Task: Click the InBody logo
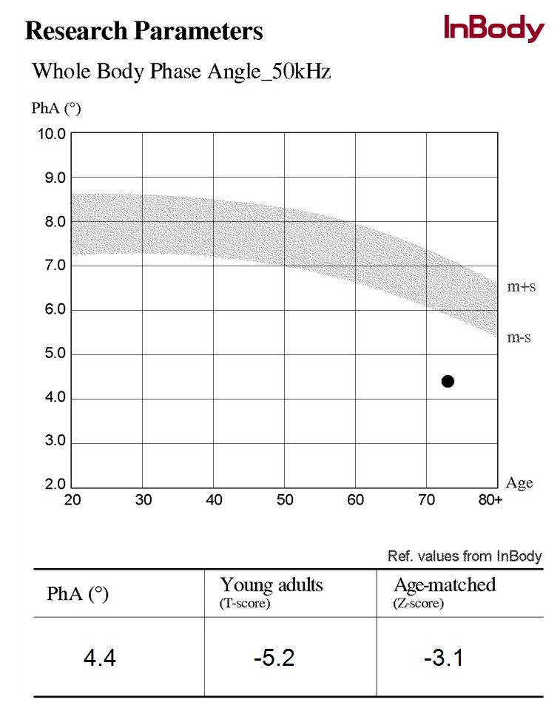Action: pyautogui.click(x=493, y=29)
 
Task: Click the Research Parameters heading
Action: pyautogui.click(x=144, y=31)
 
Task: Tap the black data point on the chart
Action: pyautogui.click(x=448, y=381)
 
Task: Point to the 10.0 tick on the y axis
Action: pyautogui.click(x=52, y=134)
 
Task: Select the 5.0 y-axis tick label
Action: pyautogui.click(x=52, y=354)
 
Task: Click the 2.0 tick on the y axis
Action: pyautogui.click(x=52, y=486)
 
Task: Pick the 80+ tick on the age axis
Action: pyautogui.click(x=490, y=500)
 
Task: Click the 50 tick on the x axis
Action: pyautogui.click(x=285, y=500)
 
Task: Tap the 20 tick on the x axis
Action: pyautogui.click(x=72, y=500)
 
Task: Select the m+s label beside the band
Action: pyautogui.click(x=522, y=287)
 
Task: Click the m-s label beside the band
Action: pyautogui.click(x=520, y=337)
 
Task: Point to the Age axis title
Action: pyautogui.click(x=519, y=483)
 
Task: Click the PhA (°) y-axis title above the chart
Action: pyautogui.click(x=55, y=109)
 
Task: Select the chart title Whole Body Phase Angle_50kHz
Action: pyautogui.click(x=181, y=73)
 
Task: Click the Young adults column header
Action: pyautogui.click(x=271, y=585)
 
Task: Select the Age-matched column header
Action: pyautogui.click(x=445, y=584)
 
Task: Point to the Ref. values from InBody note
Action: pyautogui.click(x=465, y=556)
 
